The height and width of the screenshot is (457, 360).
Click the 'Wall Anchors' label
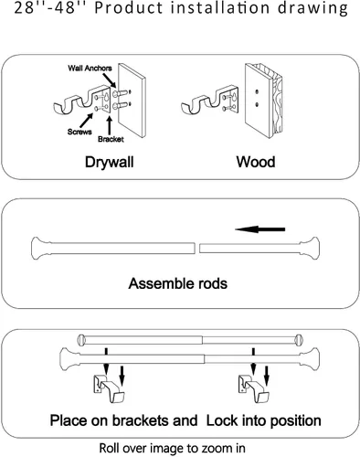click(90, 68)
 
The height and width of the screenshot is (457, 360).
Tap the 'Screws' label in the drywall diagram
click(79, 132)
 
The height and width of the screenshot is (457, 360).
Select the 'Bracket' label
click(111, 139)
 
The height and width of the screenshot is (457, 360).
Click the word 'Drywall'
click(110, 162)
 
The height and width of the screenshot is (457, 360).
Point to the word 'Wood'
click(256, 162)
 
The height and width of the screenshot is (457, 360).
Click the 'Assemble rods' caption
click(178, 283)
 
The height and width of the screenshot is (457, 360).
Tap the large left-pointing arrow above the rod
click(260, 229)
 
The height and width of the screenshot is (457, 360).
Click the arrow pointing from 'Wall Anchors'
click(109, 80)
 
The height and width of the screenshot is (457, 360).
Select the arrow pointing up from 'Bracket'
click(110, 125)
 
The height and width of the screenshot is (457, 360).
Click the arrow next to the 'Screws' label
click(87, 120)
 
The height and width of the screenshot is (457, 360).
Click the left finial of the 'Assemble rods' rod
click(40, 249)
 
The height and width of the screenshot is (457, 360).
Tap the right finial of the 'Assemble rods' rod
click(310, 249)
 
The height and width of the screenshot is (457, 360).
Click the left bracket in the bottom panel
click(109, 388)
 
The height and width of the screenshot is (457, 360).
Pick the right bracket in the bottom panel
click(254, 388)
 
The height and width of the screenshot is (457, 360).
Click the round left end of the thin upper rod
click(80, 340)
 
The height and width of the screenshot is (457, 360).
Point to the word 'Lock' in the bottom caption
click(223, 420)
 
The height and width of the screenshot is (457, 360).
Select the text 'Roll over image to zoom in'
click(172, 448)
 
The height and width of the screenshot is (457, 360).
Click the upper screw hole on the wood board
click(258, 91)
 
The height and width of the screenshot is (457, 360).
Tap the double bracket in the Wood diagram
click(210, 101)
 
